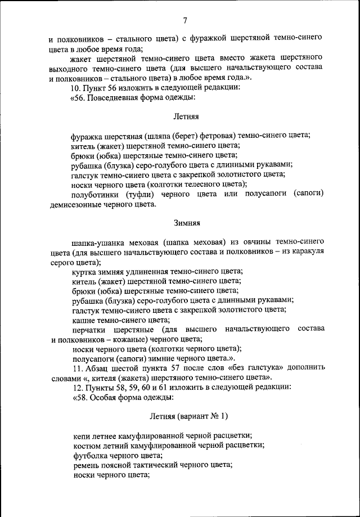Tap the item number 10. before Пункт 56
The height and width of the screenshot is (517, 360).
(x=75, y=88)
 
